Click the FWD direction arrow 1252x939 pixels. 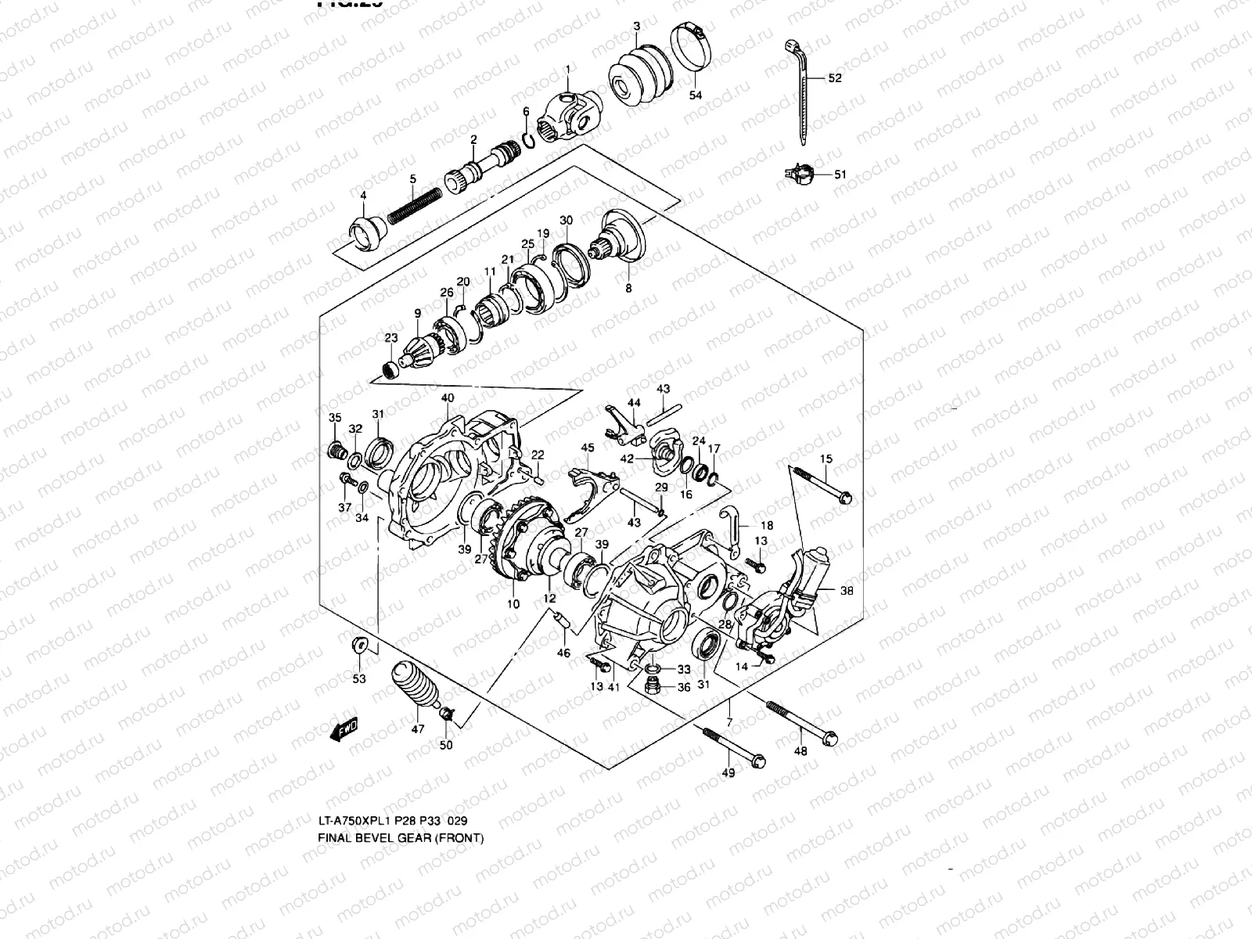(344, 730)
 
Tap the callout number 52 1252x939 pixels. (835, 78)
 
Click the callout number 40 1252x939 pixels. (447, 398)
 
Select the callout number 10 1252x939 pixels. (513, 604)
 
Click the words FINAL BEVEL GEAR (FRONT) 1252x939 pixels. (401, 838)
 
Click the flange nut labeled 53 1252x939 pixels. (358, 646)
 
